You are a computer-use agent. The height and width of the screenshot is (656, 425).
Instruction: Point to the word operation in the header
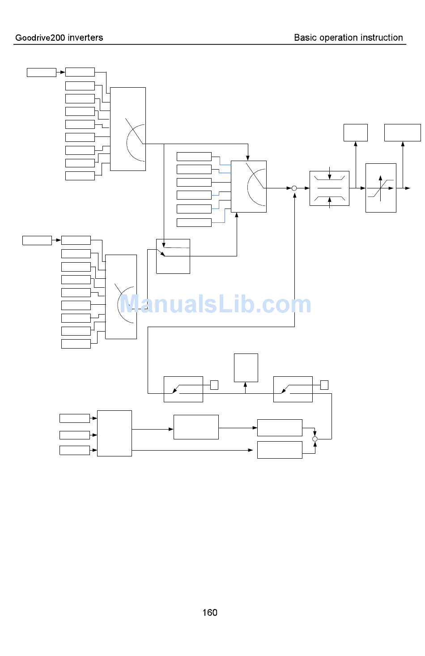tap(339, 38)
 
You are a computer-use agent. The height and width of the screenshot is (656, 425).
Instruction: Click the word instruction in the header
tap(382, 38)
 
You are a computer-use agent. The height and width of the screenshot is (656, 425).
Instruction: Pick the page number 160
tap(210, 613)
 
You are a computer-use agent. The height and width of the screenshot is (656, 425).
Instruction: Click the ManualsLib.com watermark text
tap(215, 304)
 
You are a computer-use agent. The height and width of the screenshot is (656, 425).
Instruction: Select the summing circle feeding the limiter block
tap(294, 188)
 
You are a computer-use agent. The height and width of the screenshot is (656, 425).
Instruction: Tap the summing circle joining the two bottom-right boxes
tap(315, 439)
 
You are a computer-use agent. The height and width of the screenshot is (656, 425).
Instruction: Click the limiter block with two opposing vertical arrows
tap(329, 188)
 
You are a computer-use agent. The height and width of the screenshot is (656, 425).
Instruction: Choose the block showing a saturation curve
tap(381, 188)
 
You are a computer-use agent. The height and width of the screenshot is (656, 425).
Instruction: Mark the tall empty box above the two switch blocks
tap(246, 368)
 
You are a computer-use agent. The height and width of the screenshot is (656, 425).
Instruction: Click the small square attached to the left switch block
tap(214, 385)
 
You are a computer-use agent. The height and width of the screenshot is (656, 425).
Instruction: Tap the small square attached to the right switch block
tap(324, 385)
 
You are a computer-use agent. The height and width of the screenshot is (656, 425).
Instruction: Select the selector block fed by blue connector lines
tap(249, 187)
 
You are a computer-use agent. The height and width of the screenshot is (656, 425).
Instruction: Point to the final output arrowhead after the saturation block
tap(408, 188)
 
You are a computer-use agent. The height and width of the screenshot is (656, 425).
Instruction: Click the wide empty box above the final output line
tap(403, 133)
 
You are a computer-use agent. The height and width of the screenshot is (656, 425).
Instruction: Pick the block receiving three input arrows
tap(115, 433)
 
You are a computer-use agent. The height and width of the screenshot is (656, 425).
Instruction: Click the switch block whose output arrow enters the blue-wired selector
tap(173, 256)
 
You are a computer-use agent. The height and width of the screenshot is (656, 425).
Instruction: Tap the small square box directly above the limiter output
tap(356, 133)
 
